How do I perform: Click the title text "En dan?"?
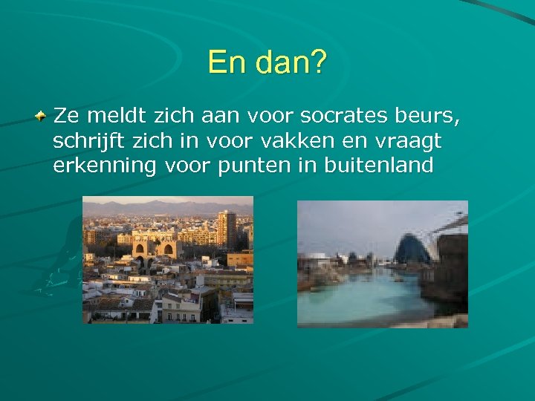click(x=267, y=62)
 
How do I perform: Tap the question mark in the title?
click(x=317, y=62)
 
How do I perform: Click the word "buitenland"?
click(x=378, y=165)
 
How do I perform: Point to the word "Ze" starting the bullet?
click(x=67, y=116)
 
